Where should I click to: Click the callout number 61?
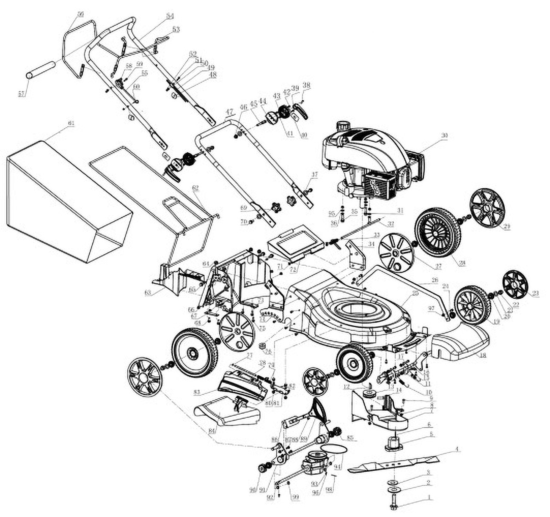[71, 123]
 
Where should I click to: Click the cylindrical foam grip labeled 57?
[41, 70]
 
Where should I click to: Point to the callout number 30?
[444, 136]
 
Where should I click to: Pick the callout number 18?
[482, 356]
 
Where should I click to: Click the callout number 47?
[229, 113]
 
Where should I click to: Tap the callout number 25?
[415, 293]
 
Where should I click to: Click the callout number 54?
[170, 16]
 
